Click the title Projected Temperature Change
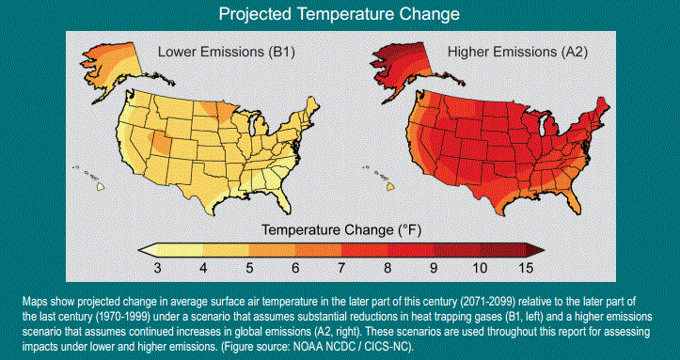(340, 15)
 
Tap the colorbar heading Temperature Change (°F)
(340, 228)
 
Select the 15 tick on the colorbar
(524, 268)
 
